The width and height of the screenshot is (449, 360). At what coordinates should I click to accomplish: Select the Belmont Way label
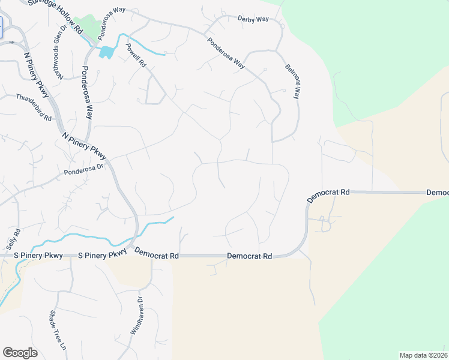292,81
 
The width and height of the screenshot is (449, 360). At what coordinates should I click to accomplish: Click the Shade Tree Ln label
56,331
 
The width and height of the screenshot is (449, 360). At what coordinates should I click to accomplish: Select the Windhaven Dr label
136,315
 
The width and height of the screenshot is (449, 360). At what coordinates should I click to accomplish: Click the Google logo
20,353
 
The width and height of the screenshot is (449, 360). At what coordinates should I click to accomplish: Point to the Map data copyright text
424,355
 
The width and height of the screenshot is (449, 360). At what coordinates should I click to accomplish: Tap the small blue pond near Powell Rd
106,52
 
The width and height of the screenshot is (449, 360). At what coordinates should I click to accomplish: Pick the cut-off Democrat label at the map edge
438,193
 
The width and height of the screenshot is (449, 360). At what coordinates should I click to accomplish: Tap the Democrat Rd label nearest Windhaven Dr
157,254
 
